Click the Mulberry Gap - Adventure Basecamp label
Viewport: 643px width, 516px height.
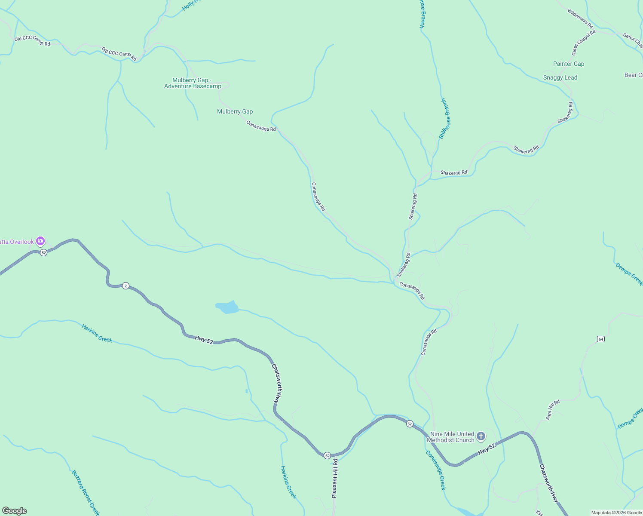pyautogui.click(x=193, y=83)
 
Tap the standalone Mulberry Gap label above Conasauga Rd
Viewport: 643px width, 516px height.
pyautogui.click(x=235, y=111)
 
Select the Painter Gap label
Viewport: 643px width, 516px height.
pyautogui.click(x=569, y=64)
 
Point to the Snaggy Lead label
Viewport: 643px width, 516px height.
pyautogui.click(x=560, y=77)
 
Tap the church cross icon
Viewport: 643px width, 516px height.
pyautogui.click(x=481, y=436)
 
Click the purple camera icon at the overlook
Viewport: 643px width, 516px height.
pyautogui.click(x=40, y=241)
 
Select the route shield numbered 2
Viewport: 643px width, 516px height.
pyautogui.click(x=126, y=286)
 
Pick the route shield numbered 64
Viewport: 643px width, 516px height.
pyautogui.click(x=601, y=339)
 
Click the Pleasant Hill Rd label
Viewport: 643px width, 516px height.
pyautogui.click(x=335, y=478)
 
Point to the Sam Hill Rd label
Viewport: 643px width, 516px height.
pyautogui.click(x=553, y=409)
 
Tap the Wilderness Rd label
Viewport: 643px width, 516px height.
pyautogui.click(x=580, y=19)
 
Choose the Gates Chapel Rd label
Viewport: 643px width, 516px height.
pyautogui.click(x=583, y=42)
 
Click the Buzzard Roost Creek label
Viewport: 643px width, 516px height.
pyautogui.click(x=86, y=492)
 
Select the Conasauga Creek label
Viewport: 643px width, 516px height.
pyautogui.click(x=436, y=470)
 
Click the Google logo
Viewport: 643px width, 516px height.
pyautogui.click(x=15, y=511)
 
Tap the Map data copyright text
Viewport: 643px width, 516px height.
pyautogui.click(x=616, y=513)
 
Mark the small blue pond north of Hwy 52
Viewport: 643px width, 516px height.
pyautogui.click(x=227, y=307)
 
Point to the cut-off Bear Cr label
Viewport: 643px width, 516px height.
pyautogui.click(x=634, y=75)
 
